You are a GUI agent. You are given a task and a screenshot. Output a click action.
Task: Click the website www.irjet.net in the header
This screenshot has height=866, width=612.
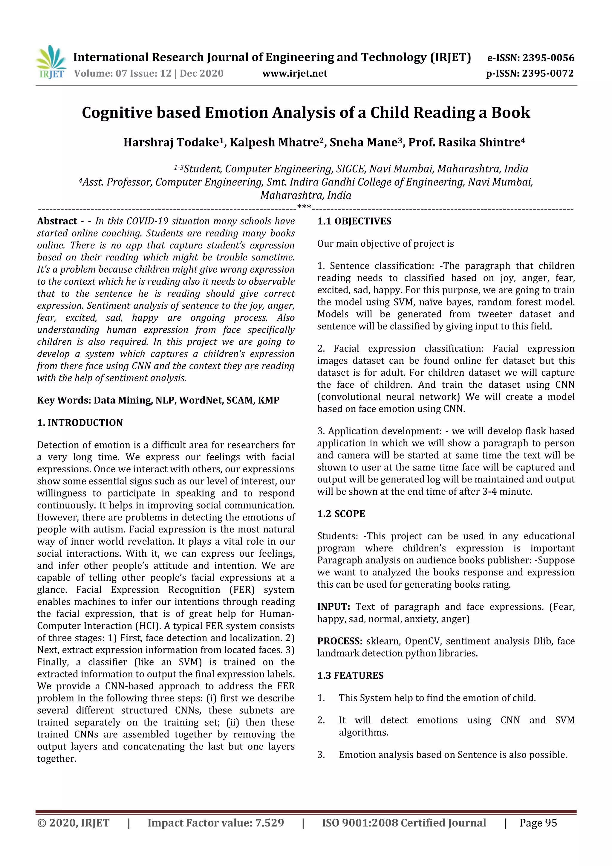295,74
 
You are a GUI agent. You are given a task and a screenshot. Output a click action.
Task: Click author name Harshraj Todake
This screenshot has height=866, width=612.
171,143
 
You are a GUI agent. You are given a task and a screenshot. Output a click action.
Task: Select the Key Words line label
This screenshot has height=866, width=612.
64,400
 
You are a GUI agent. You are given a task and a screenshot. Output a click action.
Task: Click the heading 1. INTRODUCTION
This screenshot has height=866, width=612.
80,422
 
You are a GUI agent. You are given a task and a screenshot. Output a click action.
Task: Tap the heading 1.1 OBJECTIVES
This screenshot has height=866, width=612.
354,222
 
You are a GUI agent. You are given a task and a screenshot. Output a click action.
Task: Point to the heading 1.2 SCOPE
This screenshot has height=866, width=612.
341,514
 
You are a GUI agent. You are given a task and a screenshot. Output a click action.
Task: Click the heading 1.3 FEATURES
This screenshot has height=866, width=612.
350,676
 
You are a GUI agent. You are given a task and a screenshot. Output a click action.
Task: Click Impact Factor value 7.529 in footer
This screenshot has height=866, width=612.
216,823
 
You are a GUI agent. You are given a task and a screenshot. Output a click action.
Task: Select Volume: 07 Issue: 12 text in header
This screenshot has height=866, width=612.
123,74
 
